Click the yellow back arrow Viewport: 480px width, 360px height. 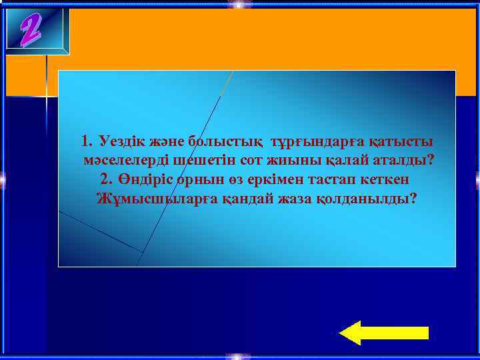click(x=383, y=332)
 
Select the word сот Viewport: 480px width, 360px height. click(x=234, y=161)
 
